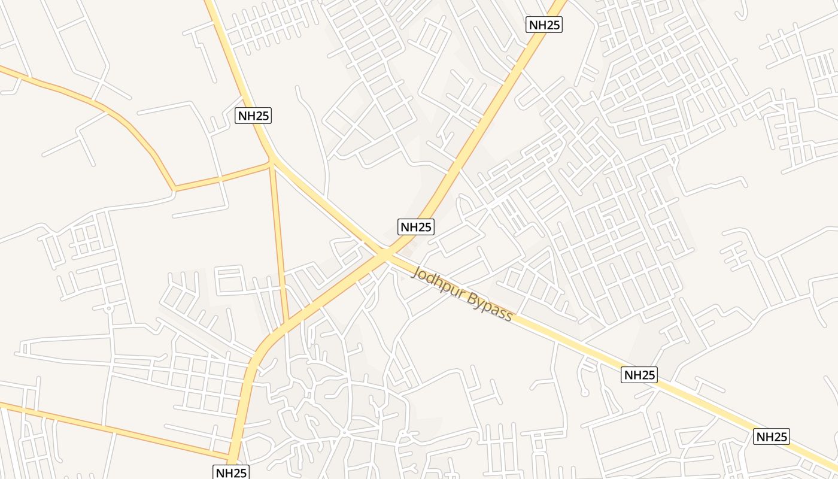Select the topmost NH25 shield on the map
tap(544, 25)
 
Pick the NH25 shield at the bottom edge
tap(230, 472)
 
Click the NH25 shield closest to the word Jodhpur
tap(415, 227)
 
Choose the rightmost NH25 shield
tap(772, 436)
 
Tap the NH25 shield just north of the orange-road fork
tap(254, 116)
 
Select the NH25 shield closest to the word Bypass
tap(640, 375)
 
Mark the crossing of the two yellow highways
tap(385, 255)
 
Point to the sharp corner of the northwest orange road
tap(174, 189)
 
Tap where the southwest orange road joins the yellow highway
tap(231, 456)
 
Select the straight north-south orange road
tap(279, 239)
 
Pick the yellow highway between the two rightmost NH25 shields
tap(706, 405)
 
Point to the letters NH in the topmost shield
tap(537, 25)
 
